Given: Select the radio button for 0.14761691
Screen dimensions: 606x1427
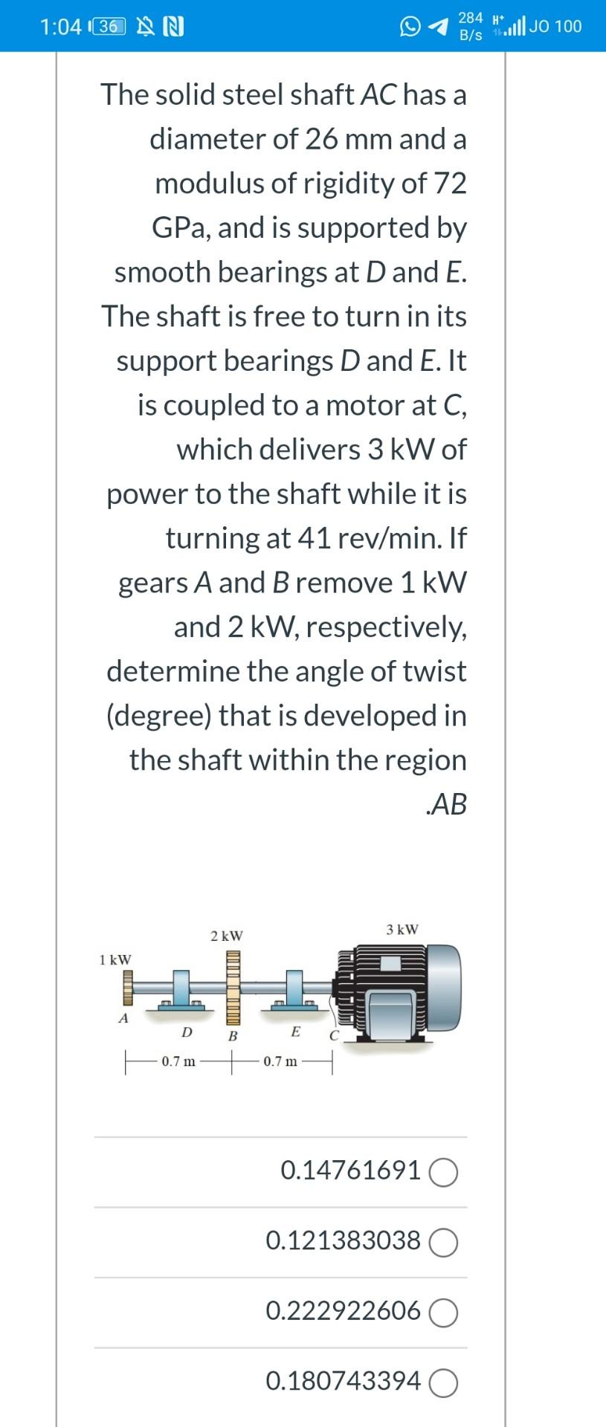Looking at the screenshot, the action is [443, 1172].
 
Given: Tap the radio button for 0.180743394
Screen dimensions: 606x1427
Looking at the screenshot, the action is [443, 1383].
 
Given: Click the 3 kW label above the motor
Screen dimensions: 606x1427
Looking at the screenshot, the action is [402, 929].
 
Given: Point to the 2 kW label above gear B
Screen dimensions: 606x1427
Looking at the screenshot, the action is [226, 935].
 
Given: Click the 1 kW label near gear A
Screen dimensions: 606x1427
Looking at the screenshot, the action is [115, 960].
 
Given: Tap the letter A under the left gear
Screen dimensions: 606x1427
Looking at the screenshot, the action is [124, 1018].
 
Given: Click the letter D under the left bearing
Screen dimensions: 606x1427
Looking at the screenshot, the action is [187, 1032].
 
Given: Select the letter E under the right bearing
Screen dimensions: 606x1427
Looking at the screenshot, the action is [296, 1032].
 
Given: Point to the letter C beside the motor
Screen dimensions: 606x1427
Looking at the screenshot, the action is [334, 1035].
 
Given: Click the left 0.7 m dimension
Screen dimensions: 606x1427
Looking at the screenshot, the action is [178, 1061].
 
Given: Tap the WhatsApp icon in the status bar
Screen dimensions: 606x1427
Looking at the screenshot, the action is [410, 27].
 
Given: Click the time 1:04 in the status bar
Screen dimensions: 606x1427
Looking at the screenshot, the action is [60, 27].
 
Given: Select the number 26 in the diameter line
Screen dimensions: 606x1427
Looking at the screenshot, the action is [321, 139].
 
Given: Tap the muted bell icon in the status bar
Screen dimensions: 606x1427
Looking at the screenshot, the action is [145, 27].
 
